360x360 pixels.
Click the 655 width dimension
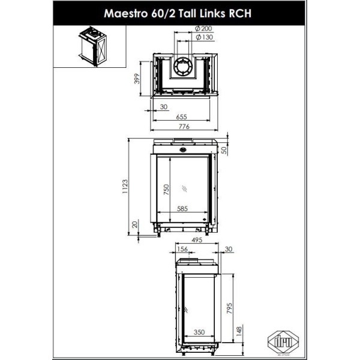point(184,117)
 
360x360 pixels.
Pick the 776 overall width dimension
point(184,127)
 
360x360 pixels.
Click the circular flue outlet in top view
point(184,67)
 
